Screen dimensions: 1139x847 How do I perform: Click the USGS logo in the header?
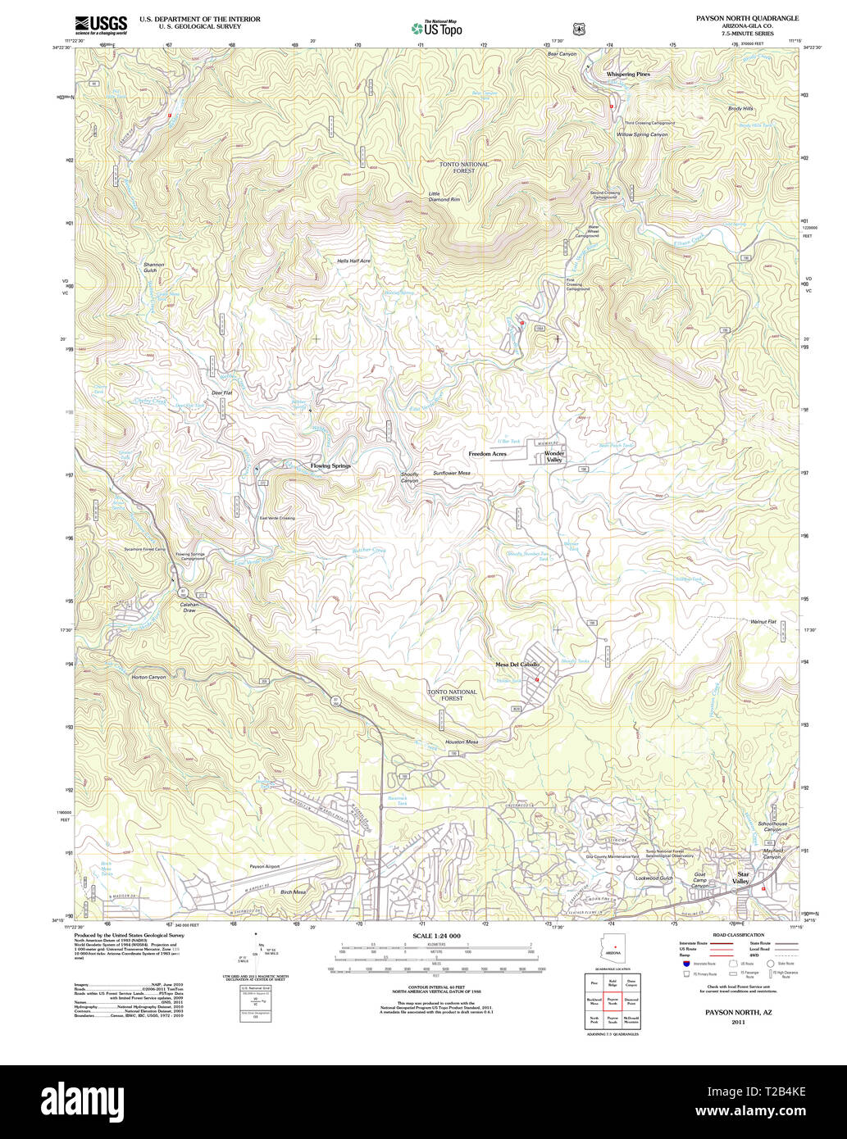coord(101,25)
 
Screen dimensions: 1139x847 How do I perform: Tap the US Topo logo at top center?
coord(436,28)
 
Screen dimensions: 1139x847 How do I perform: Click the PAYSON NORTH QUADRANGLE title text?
coord(747,18)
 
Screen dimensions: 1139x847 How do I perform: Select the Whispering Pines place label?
coord(628,74)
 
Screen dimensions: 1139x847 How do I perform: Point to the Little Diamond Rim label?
coord(444,197)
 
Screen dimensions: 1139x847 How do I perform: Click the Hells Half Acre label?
coord(353,261)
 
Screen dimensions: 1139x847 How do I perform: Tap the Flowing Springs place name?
coord(330,465)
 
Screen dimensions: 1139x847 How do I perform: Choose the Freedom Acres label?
coord(487,453)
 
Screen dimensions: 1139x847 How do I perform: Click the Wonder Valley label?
coord(554,456)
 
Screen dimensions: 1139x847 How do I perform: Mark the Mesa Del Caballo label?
coord(517,664)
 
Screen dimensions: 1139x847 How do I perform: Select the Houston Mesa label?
coord(462,742)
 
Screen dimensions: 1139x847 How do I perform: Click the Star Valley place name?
coord(741,878)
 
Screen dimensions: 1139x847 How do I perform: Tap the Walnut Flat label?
coord(763,622)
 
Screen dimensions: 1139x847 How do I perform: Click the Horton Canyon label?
coord(148,677)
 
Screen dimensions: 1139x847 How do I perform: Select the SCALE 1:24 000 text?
coord(436,936)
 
